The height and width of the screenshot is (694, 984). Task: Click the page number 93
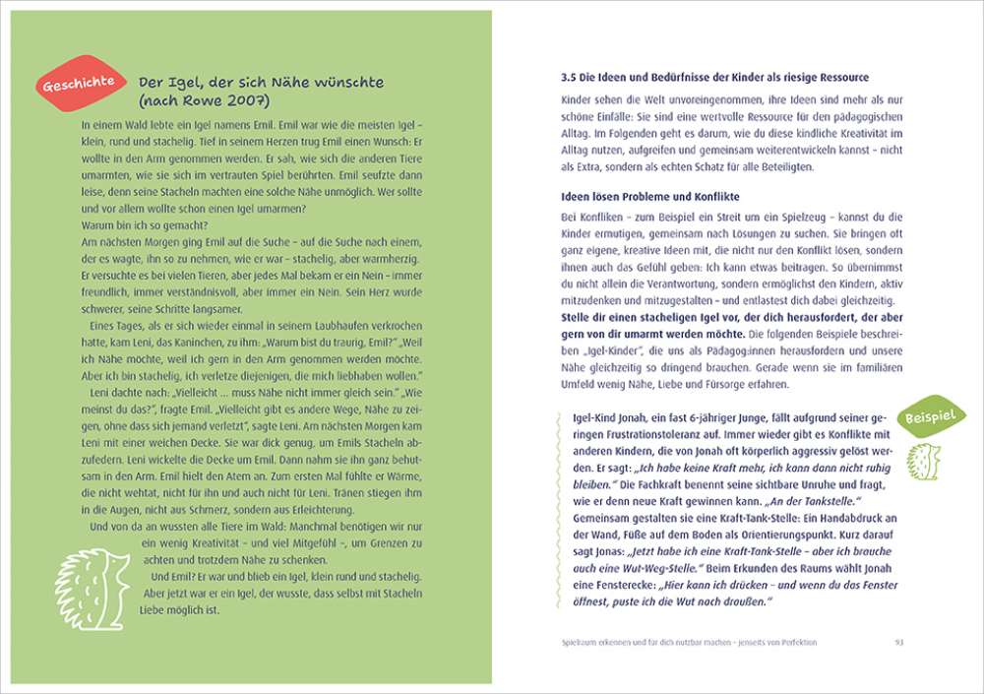[x=898, y=643]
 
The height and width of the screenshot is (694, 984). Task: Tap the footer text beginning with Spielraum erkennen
[x=684, y=643]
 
